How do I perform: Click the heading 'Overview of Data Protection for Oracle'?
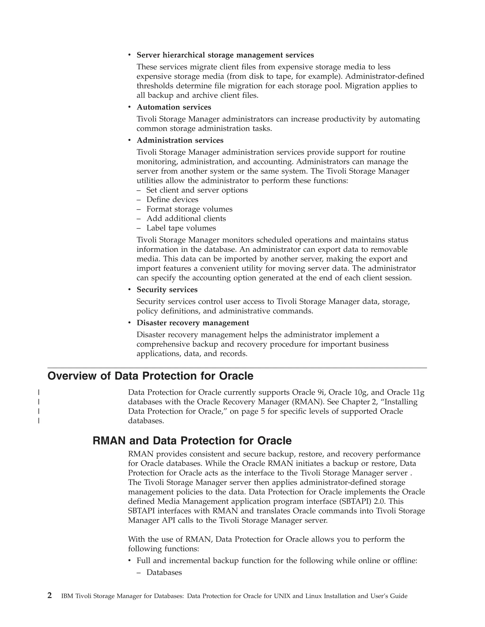pos(150,376)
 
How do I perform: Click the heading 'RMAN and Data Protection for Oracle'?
pos(192,441)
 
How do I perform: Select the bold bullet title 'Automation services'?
pos(174,107)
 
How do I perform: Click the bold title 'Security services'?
pos(167,290)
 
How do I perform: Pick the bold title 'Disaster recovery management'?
pos(193,323)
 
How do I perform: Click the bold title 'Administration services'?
pos(180,140)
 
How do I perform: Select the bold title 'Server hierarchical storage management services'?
pos(225,55)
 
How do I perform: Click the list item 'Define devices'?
pos(172,199)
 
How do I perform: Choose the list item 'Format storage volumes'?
pos(189,209)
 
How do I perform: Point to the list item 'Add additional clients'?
pos(186,218)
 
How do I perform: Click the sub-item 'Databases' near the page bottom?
pos(164,572)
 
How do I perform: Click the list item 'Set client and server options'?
pos(197,190)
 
